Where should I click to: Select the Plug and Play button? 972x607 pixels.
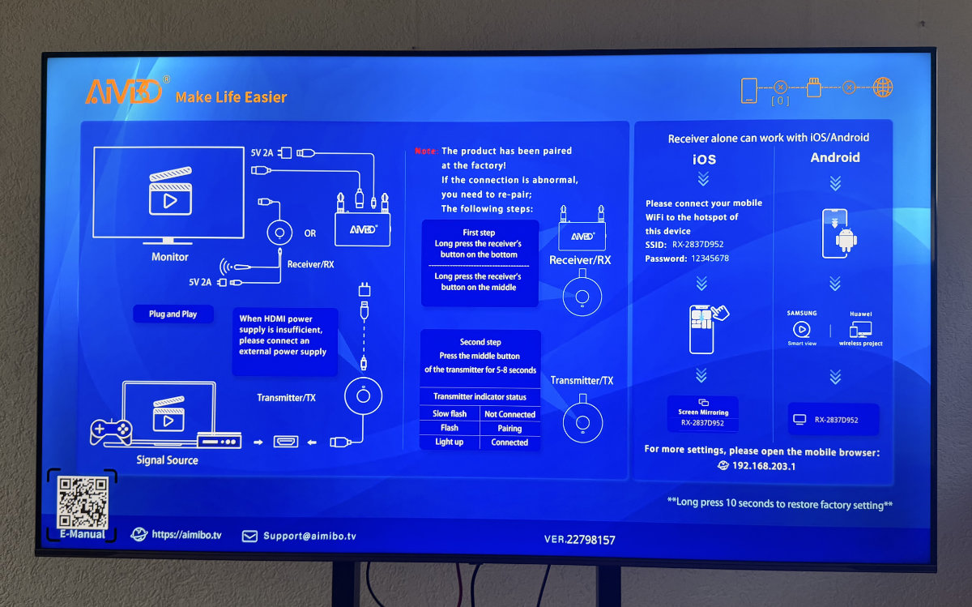[x=173, y=314]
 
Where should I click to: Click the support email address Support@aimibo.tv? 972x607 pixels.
[x=309, y=536]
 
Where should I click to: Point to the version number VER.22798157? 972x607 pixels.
[x=579, y=539]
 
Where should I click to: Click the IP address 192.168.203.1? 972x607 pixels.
[x=764, y=466]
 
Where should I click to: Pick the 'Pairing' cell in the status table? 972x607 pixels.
[x=509, y=429]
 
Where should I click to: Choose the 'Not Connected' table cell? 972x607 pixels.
[x=509, y=414]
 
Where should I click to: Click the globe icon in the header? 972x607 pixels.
[x=883, y=88]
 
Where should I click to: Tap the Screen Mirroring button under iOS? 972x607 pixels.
[x=702, y=413]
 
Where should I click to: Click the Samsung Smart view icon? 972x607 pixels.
[x=801, y=330]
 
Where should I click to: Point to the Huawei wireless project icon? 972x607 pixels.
[x=860, y=330]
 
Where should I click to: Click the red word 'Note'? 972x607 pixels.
[x=425, y=152]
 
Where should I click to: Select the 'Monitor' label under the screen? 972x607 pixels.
[x=170, y=257]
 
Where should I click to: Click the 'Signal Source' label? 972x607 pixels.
[x=167, y=460]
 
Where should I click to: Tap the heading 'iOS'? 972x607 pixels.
[x=703, y=160]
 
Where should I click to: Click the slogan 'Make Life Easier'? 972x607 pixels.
[x=231, y=97]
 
